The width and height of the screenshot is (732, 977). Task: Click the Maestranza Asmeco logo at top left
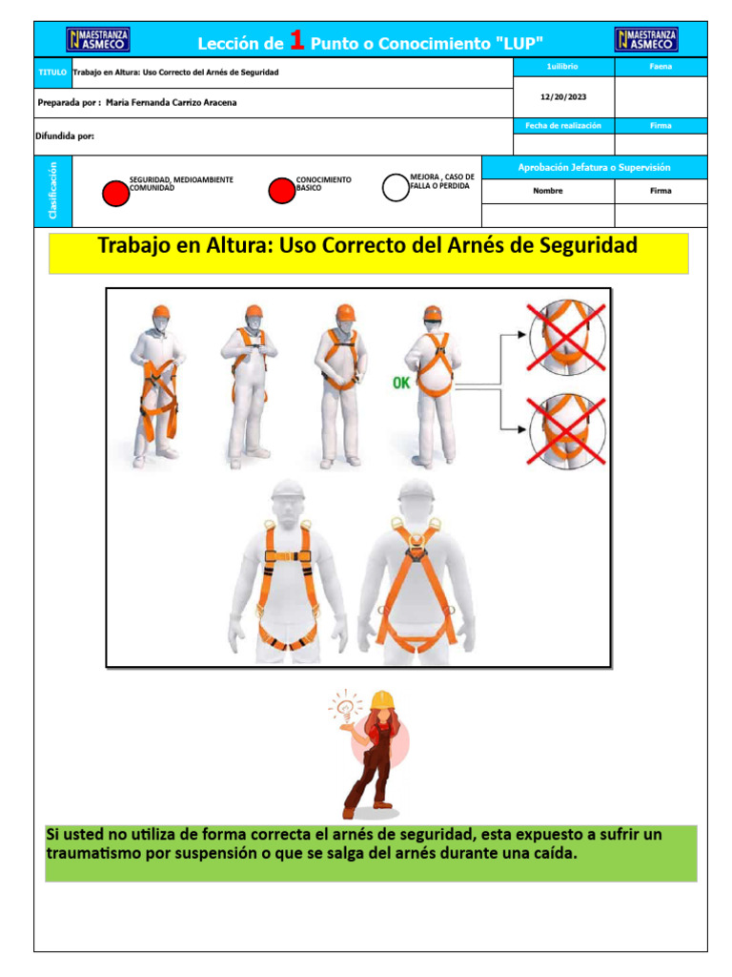pyautogui.click(x=98, y=39)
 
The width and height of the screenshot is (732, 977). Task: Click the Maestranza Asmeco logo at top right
pyautogui.click(x=646, y=39)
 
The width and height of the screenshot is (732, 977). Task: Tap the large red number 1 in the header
pyautogui.click(x=297, y=40)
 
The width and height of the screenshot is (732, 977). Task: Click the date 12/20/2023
pyautogui.click(x=562, y=96)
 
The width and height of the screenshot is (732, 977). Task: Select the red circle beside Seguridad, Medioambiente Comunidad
pyautogui.click(x=115, y=193)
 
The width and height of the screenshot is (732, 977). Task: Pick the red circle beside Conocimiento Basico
pyautogui.click(x=281, y=191)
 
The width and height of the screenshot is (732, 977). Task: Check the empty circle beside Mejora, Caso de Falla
pyautogui.click(x=396, y=187)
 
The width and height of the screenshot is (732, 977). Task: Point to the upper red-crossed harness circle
pyautogui.click(x=567, y=334)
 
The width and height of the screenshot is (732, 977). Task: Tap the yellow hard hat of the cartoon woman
pyautogui.click(x=382, y=700)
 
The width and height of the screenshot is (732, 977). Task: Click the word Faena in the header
pyautogui.click(x=661, y=67)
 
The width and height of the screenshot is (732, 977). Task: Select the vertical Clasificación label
pyautogui.click(x=52, y=190)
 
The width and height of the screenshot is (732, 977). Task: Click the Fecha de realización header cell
pyautogui.click(x=563, y=126)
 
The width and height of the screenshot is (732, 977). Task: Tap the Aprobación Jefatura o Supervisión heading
pyautogui.click(x=594, y=168)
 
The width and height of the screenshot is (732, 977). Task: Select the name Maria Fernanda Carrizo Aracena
pyautogui.click(x=178, y=101)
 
